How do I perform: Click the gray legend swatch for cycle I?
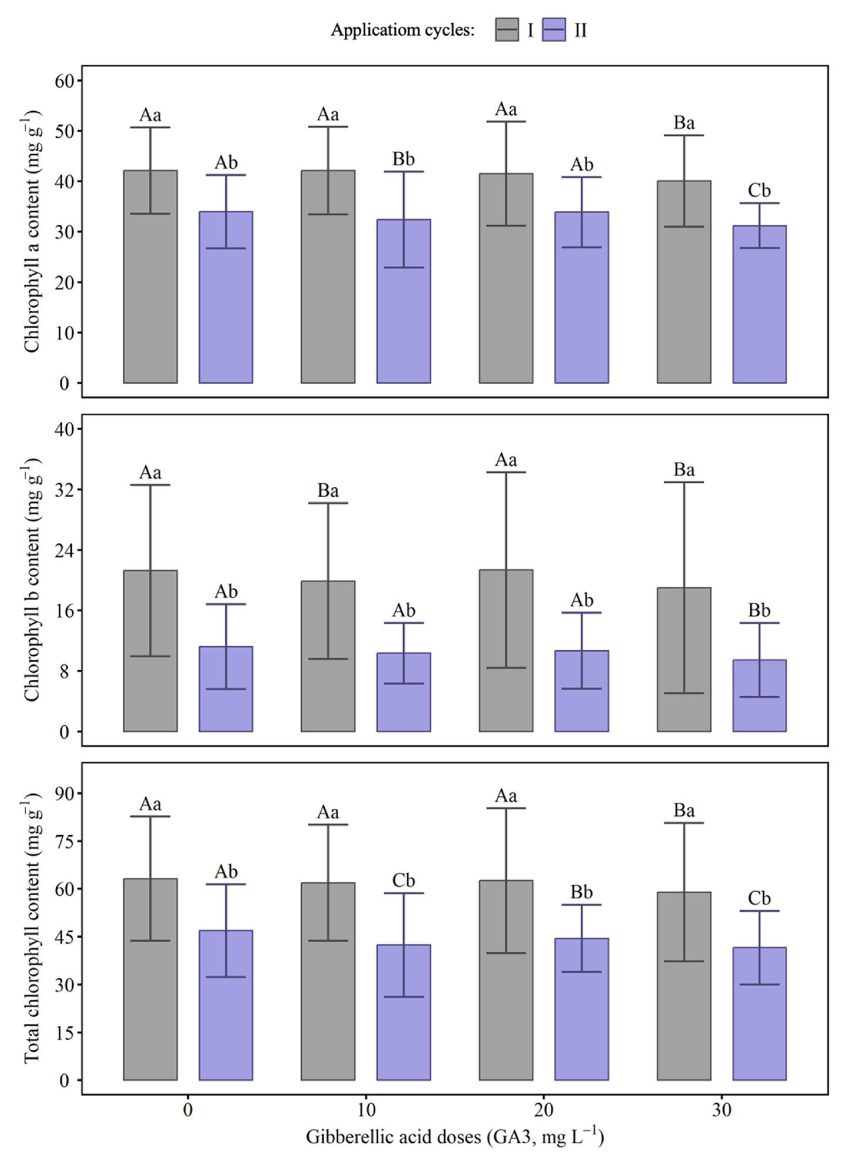click(x=507, y=30)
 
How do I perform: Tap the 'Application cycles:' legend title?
click(x=402, y=30)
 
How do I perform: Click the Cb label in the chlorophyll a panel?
click(x=759, y=191)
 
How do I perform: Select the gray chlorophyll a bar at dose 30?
click(x=684, y=282)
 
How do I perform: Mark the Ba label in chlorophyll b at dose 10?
click(x=328, y=491)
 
